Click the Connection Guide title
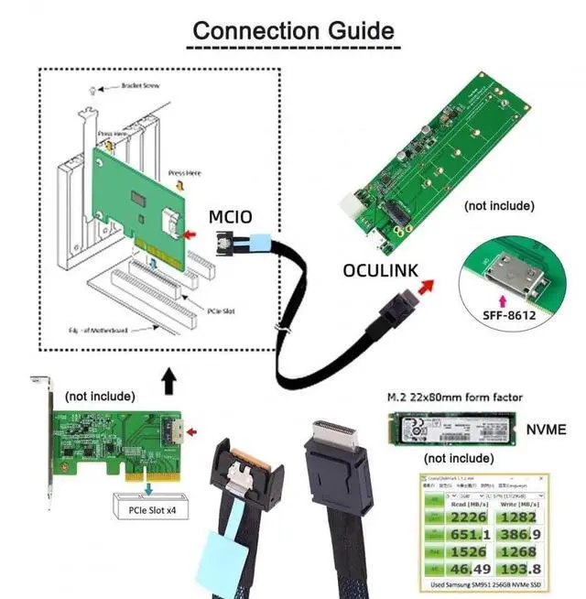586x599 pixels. tap(293, 29)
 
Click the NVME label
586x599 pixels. tap(548, 427)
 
